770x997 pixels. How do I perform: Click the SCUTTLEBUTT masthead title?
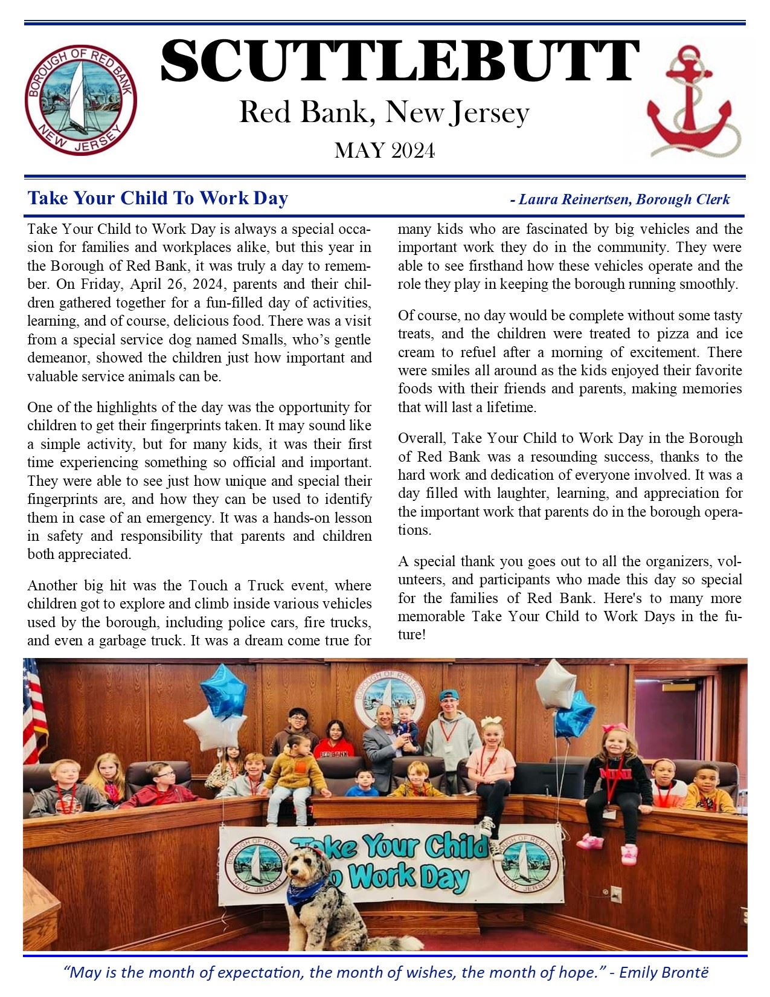(399, 62)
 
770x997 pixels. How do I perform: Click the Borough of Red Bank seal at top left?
(80, 99)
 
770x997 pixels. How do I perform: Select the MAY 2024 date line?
(385, 150)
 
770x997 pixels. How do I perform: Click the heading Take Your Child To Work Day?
(158, 198)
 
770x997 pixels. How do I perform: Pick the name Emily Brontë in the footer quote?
(663, 973)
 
